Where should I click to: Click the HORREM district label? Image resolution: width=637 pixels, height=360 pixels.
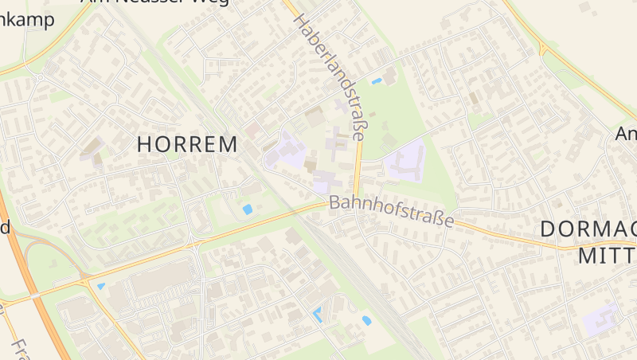coord(187,145)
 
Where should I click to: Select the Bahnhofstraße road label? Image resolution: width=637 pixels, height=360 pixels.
coord(391,210)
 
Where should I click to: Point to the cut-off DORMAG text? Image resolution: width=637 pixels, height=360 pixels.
coord(588,229)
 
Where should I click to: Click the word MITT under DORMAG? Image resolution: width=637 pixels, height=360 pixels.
coord(606,256)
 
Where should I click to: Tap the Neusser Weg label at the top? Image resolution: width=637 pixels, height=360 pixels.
coord(155,2)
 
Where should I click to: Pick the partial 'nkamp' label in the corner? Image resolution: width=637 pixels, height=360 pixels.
coord(27,20)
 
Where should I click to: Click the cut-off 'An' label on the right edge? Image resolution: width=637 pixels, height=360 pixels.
coord(626,135)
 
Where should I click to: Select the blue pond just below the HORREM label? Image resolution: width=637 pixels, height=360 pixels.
coord(248,209)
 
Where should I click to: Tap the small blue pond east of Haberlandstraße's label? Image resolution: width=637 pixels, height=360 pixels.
coord(377,80)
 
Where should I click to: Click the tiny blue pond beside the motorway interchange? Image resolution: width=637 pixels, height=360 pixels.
coord(100,286)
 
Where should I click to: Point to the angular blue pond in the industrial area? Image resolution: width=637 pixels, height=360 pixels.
coord(318,314)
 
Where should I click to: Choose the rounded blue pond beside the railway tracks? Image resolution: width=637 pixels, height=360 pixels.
coord(366,320)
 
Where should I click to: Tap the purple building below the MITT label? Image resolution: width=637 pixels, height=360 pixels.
coord(601,319)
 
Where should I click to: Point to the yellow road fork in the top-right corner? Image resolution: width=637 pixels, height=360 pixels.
coord(542,49)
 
